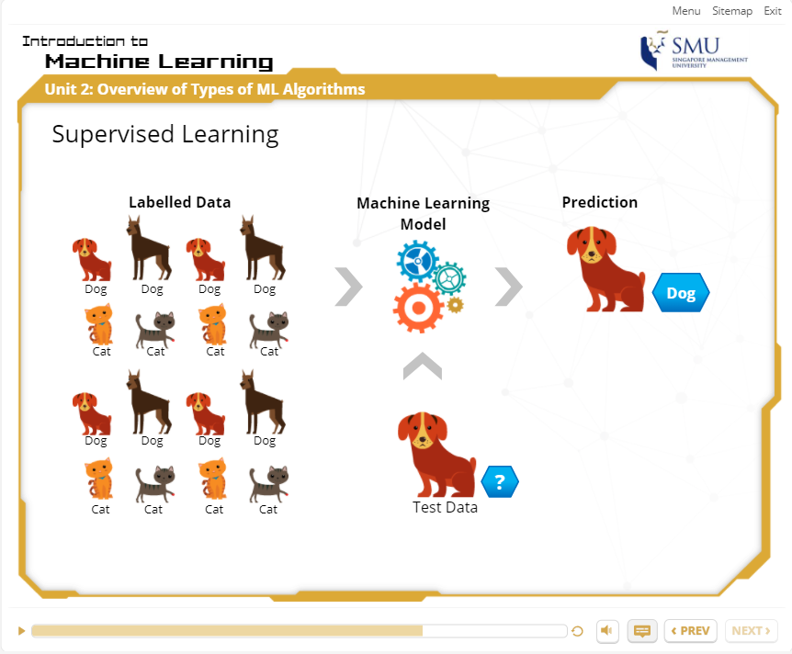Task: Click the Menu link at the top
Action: pyautogui.click(x=686, y=11)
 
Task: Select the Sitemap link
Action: pyautogui.click(x=732, y=11)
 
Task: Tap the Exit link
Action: pyautogui.click(x=773, y=11)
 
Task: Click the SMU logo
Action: pyautogui.click(x=694, y=50)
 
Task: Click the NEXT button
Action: pyautogui.click(x=751, y=631)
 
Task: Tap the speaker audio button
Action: pyautogui.click(x=607, y=631)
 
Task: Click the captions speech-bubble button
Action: pyautogui.click(x=642, y=631)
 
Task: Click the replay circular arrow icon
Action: pyautogui.click(x=577, y=631)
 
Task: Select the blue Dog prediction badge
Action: pyautogui.click(x=681, y=293)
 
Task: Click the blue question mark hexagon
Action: pyautogui.click(x=500, y=482)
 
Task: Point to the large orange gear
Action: pyautogui.click(x=418, y=308)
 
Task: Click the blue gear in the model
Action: pyautogui.click(x=417, y=261)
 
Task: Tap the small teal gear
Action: pyautogui.click(x=448, y=278)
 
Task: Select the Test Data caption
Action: pyautogui.click(x=445, y=507)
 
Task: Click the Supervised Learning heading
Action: pyautogui.click(x=165, y=135)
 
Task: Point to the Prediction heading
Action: pyautogui.click(x=600, y=202)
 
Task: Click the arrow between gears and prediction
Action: pyautogui.click(x=510, y=287)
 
